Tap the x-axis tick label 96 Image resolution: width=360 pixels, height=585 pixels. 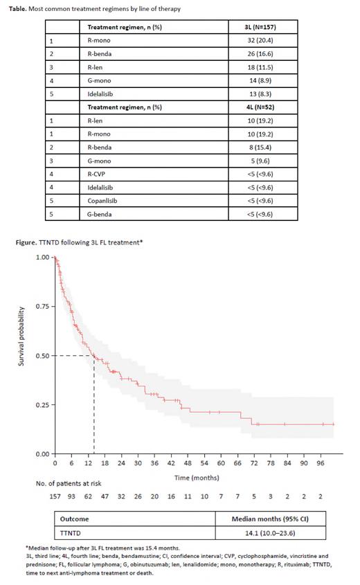(320, 462)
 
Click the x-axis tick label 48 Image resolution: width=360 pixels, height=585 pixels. (188, 462)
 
